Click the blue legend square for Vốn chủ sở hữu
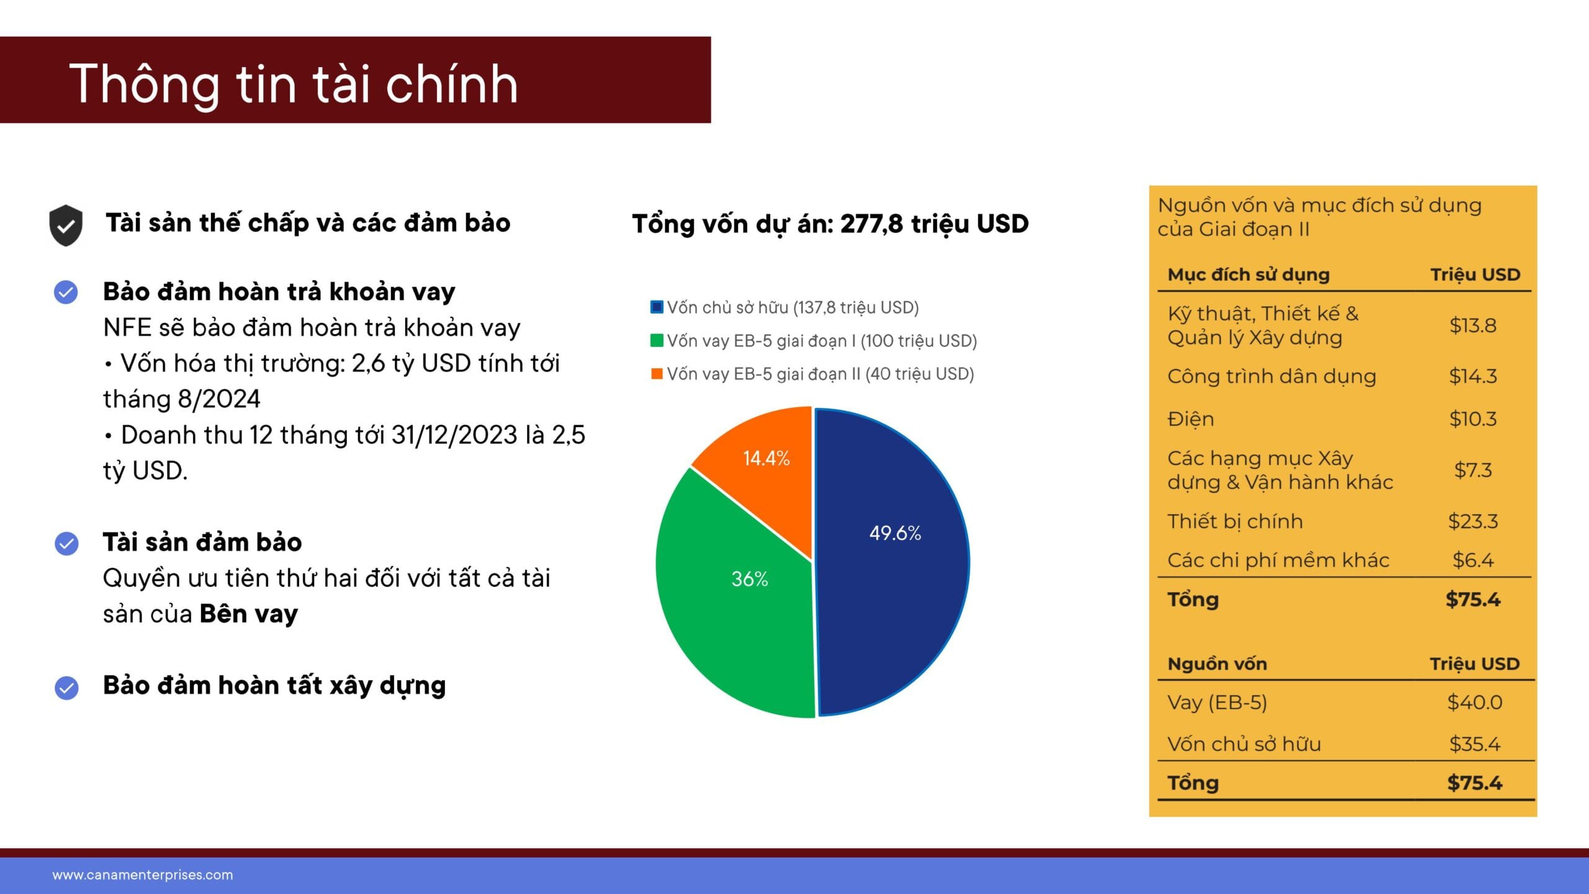(657, 307)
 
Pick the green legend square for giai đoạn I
(657, 340)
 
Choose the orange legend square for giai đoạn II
(657, 374)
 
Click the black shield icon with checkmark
(66, 225)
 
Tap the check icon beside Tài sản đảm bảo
(66, 543)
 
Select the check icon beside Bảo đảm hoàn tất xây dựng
(66, 687)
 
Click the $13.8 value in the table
(1473, 325)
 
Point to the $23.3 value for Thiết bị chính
(1473, 521)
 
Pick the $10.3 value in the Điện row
(1473, 419)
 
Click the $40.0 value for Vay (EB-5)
(1475, 702)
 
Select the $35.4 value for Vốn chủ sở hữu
(1475, 744)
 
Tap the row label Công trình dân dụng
(1272, 376)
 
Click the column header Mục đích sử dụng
(1248, 274)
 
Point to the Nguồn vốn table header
(1217, 664)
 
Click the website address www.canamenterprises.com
(143, 875)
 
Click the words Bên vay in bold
(249, 614)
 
